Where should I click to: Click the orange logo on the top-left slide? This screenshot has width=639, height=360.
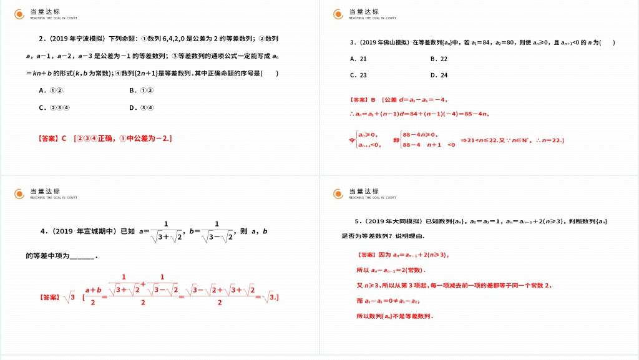tap(20, 14)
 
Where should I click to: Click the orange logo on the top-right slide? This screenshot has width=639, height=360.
tap(338, 14)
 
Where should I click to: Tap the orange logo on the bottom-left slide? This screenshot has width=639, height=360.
tap(20, 193)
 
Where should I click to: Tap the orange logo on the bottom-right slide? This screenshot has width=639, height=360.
tap(338, 193)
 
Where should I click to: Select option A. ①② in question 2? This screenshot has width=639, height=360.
tap(51, 90)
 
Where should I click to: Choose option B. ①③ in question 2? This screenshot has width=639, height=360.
tap(141, 90)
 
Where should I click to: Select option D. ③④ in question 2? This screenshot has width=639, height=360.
tap(141, 107)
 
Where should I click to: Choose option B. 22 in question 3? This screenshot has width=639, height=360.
tap(439, 59)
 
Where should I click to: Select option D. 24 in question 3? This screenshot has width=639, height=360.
tap(439, 75)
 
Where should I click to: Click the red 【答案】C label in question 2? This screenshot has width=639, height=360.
tap(52, 139)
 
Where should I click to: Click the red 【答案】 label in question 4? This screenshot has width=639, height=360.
tap(48, 298)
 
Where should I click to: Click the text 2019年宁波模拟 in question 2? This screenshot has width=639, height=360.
tap(77, 39)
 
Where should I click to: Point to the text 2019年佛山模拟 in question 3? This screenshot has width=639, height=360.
tap(384, 42)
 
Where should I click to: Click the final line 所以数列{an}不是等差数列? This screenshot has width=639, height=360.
tap(394, 316)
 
